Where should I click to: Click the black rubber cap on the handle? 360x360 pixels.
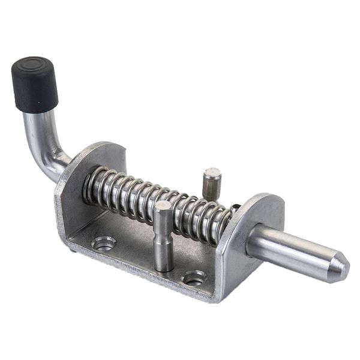[35, 85]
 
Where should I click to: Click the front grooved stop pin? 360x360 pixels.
[163, 237]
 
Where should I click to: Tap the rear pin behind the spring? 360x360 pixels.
[211, 183]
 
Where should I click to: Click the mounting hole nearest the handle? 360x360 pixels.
[104, 243]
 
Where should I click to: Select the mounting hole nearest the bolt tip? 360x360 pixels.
[194, 278]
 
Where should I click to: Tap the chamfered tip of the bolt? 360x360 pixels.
[340, 269]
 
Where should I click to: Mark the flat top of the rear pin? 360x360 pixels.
[212, 173]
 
